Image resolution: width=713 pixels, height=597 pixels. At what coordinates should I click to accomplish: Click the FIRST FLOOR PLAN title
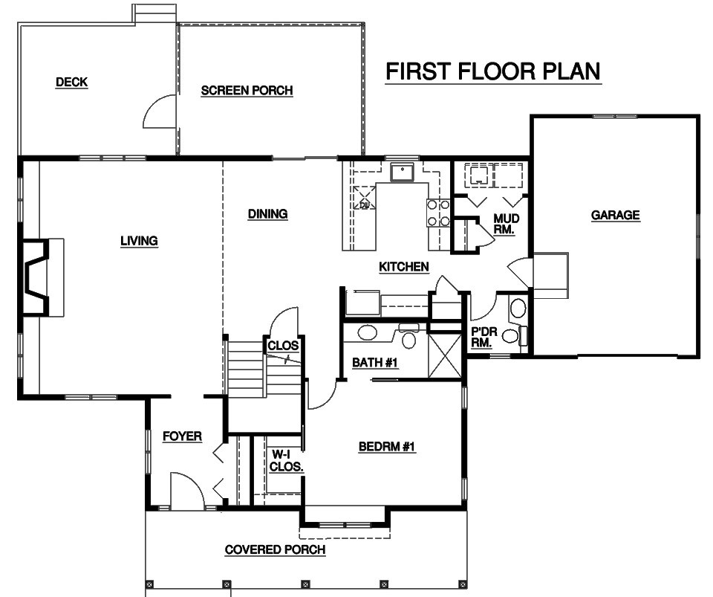[493, 72]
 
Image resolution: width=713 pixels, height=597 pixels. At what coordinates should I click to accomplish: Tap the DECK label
[71, 83]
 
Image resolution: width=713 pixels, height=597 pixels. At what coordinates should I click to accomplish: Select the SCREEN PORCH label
[247, 91]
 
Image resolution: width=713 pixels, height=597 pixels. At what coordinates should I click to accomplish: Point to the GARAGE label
[615, 215]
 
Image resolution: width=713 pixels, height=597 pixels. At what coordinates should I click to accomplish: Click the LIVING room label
[139, 241]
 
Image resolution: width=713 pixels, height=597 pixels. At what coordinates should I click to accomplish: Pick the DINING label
[268, 214]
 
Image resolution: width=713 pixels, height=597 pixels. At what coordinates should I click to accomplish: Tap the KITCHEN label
[404, 267]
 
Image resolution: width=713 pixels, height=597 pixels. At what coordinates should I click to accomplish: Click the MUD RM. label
[506, 225]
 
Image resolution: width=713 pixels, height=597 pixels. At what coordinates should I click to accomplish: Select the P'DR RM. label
[484, 338]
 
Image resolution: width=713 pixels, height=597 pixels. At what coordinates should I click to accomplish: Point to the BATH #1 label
[375, 363]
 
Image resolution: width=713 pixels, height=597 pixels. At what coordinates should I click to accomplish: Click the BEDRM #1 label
[387, 447]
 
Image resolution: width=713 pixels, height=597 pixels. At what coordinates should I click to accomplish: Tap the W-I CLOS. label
[287, 460]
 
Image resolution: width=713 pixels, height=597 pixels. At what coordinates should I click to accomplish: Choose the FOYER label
[183, 436]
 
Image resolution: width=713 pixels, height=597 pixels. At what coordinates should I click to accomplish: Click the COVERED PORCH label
[275, 549]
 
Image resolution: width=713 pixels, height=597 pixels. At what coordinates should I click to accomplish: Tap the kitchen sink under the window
[402, 172]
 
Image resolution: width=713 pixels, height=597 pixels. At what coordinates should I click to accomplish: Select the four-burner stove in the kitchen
[438, 213]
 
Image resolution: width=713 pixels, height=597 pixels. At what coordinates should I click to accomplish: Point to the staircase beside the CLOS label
[246, 369]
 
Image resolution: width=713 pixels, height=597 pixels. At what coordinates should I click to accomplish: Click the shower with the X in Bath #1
[445, 355]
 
